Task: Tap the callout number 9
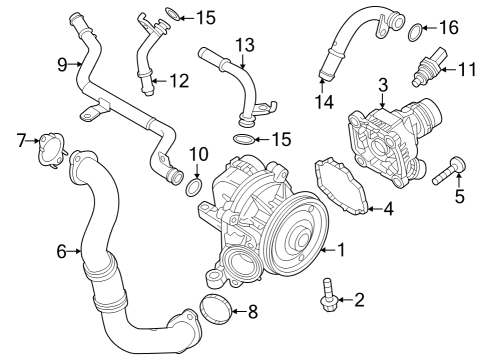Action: pos(62,66)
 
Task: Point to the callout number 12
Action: pos(177,80)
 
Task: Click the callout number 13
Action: pos(245,44)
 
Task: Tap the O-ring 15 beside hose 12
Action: pos(171,15)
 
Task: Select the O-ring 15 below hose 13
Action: pos(243,137)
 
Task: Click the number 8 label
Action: pos(252,311)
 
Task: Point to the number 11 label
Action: pos(467,69)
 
